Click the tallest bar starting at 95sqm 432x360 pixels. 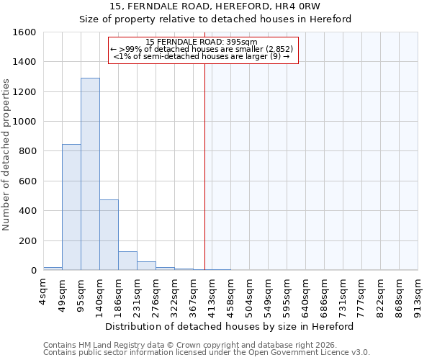(90, 174)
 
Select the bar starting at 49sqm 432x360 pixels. (71, 207)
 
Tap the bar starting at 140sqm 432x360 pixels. (109, 235)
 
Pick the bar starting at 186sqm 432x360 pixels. (127, 261)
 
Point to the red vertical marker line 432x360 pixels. (204, 166)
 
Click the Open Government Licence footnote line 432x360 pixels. (207, 353)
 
